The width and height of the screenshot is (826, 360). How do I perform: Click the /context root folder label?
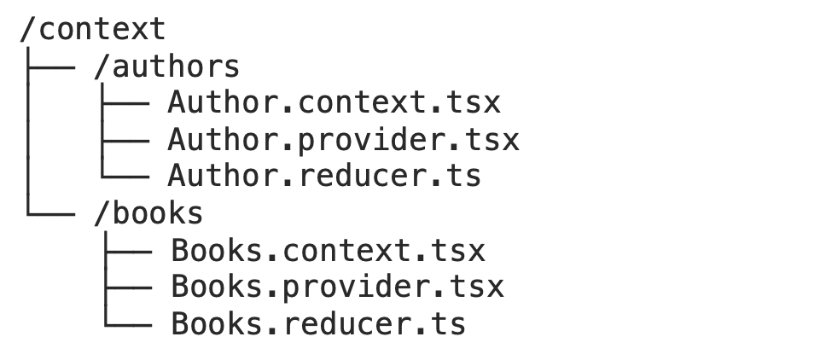click(92, 29)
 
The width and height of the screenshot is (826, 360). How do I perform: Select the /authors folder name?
click(166, 66)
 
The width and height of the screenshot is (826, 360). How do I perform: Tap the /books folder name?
click(148, 212)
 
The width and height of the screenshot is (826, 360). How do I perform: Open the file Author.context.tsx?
click(334, 102)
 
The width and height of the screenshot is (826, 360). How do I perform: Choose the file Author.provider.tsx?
click(343, 139)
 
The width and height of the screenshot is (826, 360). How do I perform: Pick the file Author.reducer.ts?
click(324, 176)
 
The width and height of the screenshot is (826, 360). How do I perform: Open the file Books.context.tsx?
click(328, 251)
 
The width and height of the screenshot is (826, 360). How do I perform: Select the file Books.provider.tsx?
click(337, 287)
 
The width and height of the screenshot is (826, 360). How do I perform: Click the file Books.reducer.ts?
click(318, 323)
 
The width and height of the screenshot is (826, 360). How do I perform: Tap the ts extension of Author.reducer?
click(463, 176)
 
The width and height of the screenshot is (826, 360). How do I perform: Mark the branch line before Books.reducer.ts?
click(128, 323)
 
